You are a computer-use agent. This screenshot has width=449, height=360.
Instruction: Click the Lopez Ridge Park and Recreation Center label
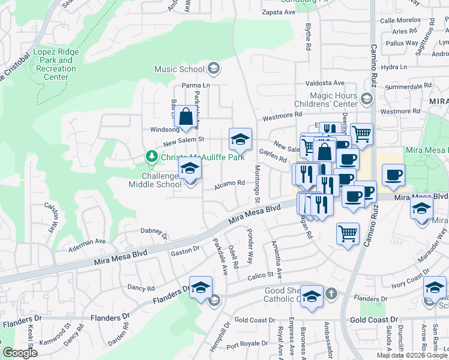56,64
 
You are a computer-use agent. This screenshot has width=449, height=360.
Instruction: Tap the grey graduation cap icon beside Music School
213,70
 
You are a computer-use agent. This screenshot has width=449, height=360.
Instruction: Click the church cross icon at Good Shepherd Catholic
331,294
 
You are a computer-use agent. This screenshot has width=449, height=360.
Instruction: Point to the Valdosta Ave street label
324,83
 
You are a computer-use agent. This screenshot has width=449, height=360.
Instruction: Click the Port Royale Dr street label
247,344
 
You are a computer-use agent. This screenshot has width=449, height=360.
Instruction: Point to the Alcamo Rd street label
231,183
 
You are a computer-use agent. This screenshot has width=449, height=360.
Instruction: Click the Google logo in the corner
20,353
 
